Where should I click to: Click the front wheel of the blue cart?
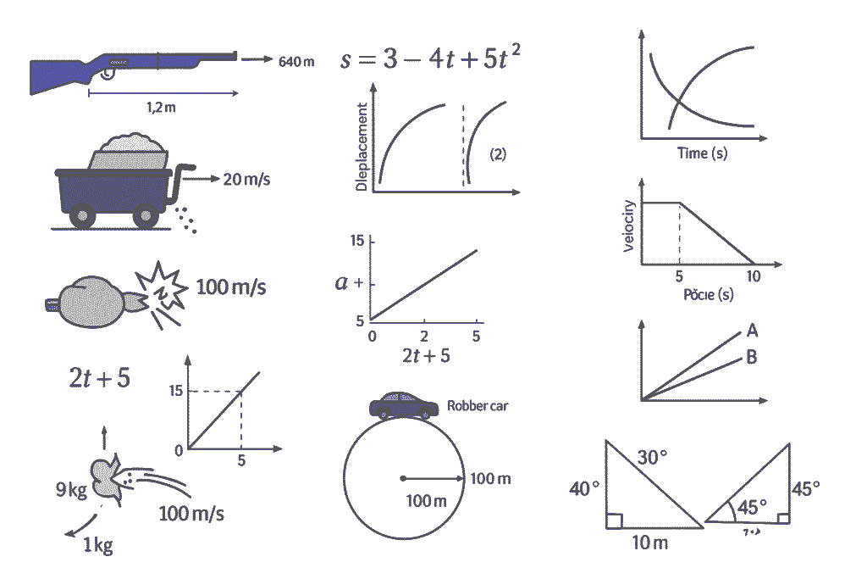(146, 217)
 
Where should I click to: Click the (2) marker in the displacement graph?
(498, 154)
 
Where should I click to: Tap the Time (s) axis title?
(702, 153)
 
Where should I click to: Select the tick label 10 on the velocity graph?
(753, 277)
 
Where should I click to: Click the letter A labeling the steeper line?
(751, 331)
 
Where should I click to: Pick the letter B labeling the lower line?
(751, 357)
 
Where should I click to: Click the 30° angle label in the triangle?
(652, 458)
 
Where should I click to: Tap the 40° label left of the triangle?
(583, 489)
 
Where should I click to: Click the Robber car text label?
(478, 406)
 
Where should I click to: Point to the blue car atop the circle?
(404, 405)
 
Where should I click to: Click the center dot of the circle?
(403, 478)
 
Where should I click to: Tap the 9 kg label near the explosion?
(71, 489)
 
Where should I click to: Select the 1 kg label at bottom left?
(97, 545)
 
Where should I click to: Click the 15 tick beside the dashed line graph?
(175, 391)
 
